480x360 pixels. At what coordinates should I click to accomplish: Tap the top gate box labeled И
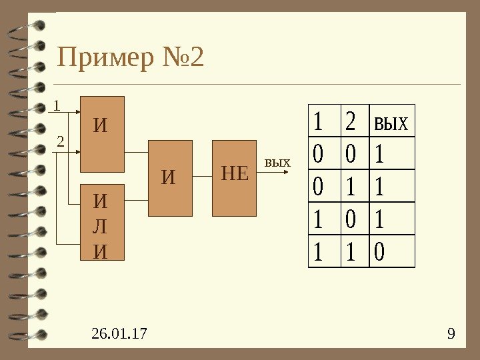[x=101, y=134]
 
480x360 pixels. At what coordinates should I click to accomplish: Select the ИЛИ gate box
[x=101, y=222]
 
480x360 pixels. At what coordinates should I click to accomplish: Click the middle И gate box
[x=170, y=178]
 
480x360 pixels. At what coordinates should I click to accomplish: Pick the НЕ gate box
[x=234, y=178]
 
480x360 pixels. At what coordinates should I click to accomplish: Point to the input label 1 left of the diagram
[x=57, y=105]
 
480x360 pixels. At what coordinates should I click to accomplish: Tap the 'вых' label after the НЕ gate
[x=278, y=162]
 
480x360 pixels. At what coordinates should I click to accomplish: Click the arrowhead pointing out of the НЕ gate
[x=286, y=172]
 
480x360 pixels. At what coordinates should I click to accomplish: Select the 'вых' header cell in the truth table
[x=391, y=122]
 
